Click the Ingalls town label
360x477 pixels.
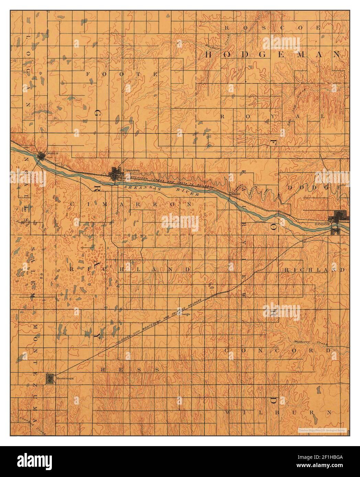(48, 153)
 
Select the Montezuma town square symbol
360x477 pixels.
(50, 378)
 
